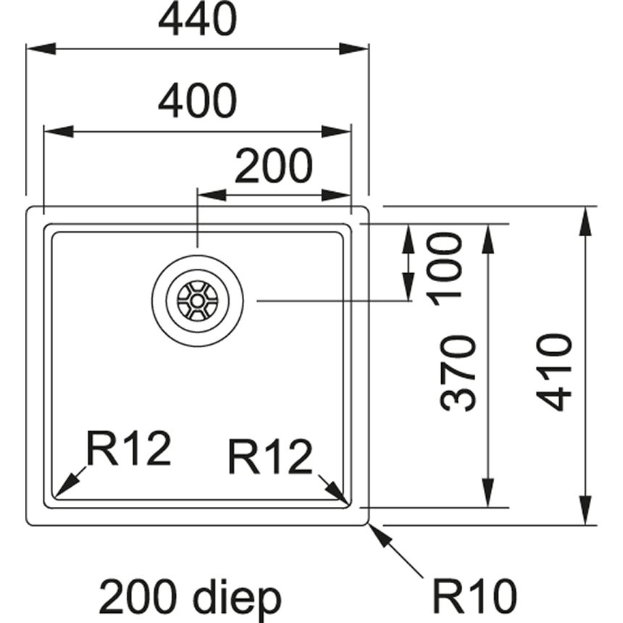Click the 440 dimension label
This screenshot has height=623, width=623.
[197, 21]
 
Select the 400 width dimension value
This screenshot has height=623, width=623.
[197, 102]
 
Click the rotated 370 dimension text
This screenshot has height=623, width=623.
[458, 374]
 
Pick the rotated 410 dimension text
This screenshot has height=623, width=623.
[556, 372]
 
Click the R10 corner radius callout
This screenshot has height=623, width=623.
[474, 596]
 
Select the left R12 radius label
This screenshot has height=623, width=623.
[129, 448]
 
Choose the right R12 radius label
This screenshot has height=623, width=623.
[269, 457]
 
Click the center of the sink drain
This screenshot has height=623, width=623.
[198, 300]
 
